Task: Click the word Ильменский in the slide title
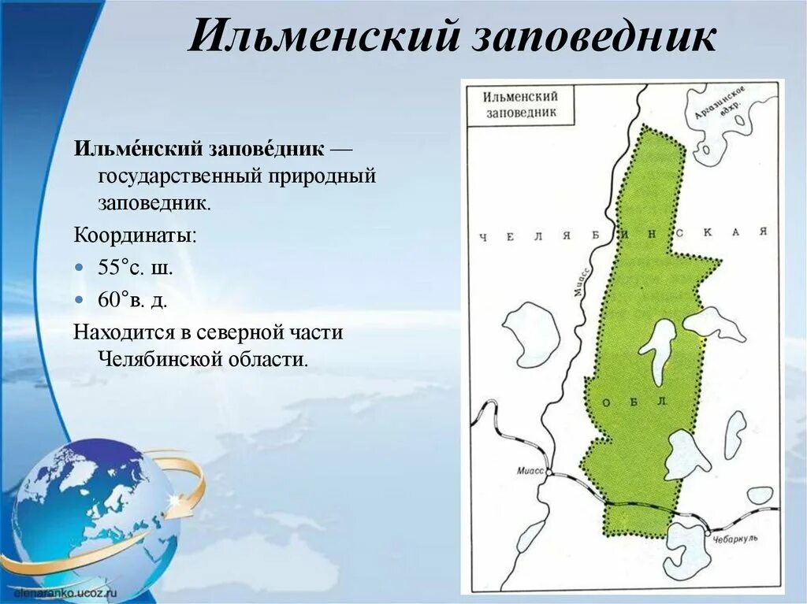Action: click(x=323, y=37)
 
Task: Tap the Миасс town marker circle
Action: click(x=549, y=473)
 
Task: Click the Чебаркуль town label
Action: click(x=736, y=538)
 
